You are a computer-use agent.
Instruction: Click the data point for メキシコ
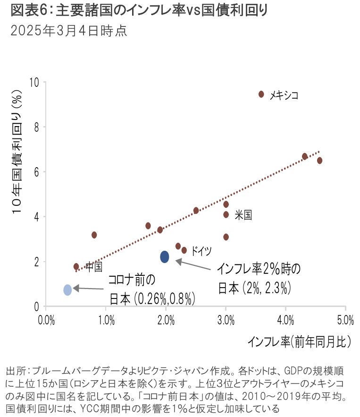click(x=261, y=94)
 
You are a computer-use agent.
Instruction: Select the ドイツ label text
click(x=201, y=251)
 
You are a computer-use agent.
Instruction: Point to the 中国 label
click(x=94, y=267)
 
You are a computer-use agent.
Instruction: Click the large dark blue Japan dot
click(x=165, y=257)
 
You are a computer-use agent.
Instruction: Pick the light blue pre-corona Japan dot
click(x=67, y=289)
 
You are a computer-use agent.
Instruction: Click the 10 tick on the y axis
click(x=34, y=82)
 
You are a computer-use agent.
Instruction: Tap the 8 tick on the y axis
click(x=36, y=127)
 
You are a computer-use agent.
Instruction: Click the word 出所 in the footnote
click(x=13, y=370)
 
